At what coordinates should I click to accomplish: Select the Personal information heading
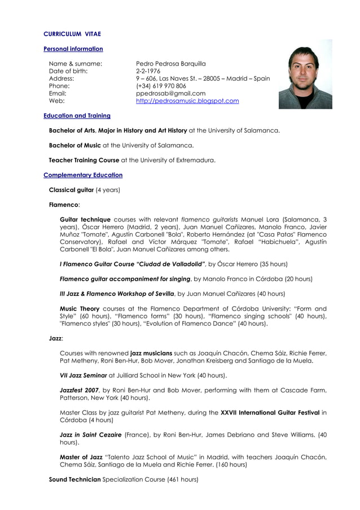pos(73,49)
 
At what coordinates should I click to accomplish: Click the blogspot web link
pos(187,101)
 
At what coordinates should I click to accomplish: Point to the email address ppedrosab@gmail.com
pos(170,93)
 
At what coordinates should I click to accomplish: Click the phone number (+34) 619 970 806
pos(161,86)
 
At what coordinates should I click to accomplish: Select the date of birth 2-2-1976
pos(148,71)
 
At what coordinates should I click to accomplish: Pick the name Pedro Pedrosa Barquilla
pos(170,64)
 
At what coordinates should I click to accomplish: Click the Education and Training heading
pos(77,116)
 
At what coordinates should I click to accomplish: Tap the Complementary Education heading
pos(83,175)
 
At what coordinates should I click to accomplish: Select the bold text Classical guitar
pos(71,190)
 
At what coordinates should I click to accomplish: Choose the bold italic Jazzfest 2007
pos(80,390)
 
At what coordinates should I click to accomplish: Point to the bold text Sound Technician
pos(74,479)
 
